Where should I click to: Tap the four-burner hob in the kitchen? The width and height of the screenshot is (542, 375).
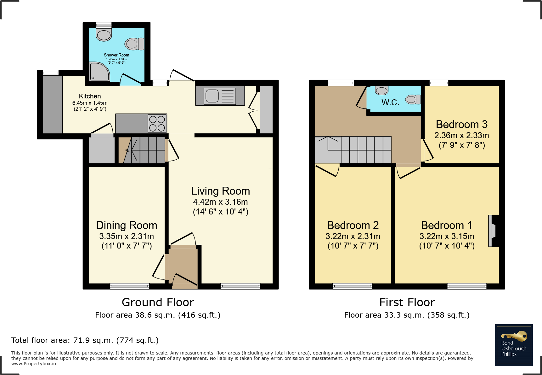[157, 124]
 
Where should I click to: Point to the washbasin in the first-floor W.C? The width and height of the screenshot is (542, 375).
[382, 91]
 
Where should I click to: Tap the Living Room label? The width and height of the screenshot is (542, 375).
[220, 191]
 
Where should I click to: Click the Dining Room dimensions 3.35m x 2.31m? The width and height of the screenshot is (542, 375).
[127, 236]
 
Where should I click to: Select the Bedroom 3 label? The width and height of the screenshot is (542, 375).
[461, 124]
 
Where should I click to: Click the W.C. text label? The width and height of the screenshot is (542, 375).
[390, 103]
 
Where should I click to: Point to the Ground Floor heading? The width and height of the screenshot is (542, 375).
[158, 302]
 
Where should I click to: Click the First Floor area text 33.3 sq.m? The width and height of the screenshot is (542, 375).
[407, 315]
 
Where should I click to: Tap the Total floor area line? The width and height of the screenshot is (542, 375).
[85, 340]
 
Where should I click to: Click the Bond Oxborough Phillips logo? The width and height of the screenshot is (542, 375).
[514, 345]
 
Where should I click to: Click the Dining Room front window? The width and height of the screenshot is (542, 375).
[130, 286]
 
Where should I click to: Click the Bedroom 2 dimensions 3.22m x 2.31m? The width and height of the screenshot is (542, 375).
[353, 236]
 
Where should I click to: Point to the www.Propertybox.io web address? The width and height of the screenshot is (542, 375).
[34, 364]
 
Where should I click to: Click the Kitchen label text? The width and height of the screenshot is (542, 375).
[90, 96]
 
